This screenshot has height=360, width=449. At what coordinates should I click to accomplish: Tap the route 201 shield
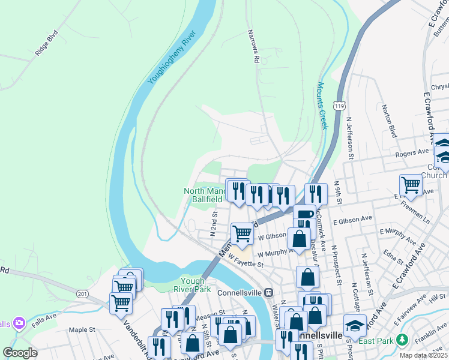(82, 293)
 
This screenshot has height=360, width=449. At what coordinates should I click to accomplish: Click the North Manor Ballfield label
(203, 195)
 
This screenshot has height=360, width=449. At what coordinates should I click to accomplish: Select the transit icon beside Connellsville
(269, 292)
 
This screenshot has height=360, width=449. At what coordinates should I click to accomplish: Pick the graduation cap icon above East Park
(355, 325)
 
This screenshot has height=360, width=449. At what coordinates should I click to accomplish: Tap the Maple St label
(82, 329)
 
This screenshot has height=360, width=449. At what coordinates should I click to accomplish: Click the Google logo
(20, 353)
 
